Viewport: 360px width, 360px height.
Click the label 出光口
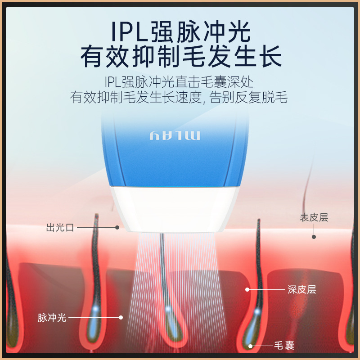(x=60, y=228)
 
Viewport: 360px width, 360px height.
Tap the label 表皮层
(x=314, y=217)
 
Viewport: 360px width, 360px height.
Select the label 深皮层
(x=302, y=289)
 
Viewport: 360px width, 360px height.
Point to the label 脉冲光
(x=52, y=317)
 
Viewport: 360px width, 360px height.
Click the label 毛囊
(x=284, y=346)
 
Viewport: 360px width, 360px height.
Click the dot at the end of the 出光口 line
(x=117, y=228)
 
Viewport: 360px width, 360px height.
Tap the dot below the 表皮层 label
(x=314, y=236)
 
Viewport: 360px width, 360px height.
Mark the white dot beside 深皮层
(x=247, y=289)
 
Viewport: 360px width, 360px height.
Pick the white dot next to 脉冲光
(x=121, y=317)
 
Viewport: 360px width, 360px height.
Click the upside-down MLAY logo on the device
(x=174, y=136)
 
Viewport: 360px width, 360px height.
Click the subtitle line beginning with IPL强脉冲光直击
(x=179, y=82)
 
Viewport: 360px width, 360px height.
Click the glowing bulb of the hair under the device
(x=168, y=310)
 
